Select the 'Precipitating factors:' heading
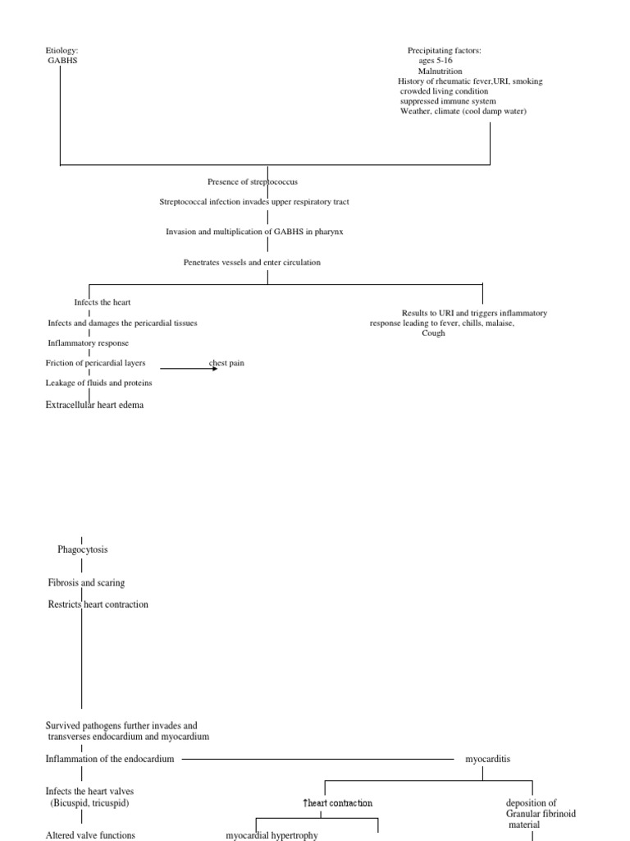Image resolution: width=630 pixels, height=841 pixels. [444, 51]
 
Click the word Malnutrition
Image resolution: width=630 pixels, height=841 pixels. [441, 71]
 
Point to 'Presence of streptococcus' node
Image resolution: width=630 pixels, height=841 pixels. [258, 182]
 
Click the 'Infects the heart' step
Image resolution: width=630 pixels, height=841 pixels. [103, 303]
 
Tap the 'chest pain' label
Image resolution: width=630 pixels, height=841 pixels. [226, 363]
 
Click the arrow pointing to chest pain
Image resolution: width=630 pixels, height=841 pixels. [189, 369]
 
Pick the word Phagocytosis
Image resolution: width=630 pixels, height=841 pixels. [83, 549]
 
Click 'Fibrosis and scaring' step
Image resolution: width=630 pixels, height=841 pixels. [86, 582]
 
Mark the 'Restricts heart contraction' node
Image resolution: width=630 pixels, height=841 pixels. [98, 604]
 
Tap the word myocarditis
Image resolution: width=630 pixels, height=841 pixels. [487, 760]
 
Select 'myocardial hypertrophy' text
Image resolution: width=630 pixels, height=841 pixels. [272, 835]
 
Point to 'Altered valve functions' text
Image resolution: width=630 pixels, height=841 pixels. [89, 835]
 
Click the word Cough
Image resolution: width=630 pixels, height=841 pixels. [433, 333]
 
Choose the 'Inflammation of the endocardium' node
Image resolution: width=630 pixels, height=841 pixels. [109, 760]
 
